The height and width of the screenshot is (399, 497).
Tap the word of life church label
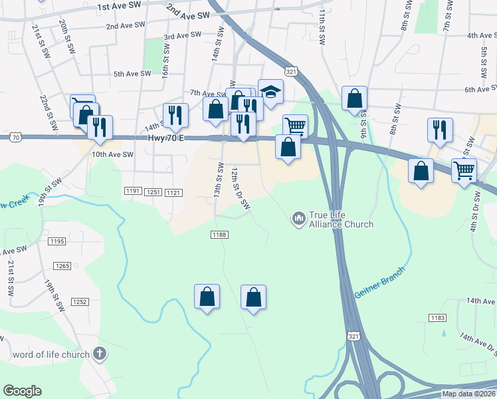pos(51,354)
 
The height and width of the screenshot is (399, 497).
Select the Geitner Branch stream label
pos(378,283)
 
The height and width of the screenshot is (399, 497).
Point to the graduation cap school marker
pos(270,92)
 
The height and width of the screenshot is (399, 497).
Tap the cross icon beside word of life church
pos(100,354)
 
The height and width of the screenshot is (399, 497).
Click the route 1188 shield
pos(220,235)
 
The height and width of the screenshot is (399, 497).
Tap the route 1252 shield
pos(80,301)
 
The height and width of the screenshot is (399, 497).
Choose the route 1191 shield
pos(132,192)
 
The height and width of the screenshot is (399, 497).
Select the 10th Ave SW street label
pos(112,154)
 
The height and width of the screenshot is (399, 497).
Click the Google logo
pos(22,391)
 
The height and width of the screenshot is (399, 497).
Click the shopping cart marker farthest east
pos(464,170)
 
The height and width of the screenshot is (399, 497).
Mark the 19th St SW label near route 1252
pos(54,296)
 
